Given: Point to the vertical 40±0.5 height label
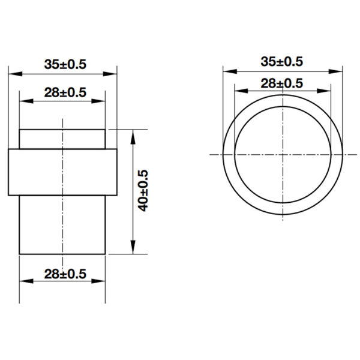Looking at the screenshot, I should [x=143, y=191].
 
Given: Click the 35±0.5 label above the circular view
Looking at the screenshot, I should [x=281, y=61].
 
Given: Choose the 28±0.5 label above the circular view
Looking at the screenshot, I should [x=281, y=83].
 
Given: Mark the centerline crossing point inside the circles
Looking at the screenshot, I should [x=281, y=155].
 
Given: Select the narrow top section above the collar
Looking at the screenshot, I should [x=64, y=139].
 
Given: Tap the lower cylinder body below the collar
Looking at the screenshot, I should [x=64, y=225].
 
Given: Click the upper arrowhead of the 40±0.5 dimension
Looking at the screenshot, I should [x=133, y=134].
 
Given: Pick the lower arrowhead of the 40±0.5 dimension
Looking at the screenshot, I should [x=133, y=250].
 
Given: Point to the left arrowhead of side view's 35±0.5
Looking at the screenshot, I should [x=13, y=73].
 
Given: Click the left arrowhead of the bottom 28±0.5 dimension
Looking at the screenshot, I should [x=24, y=282].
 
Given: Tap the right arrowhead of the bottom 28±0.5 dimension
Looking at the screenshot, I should [x=104, y=282].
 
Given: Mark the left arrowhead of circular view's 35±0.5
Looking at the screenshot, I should [x=227, y=70].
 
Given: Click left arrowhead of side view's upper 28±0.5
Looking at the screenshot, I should [x=24, y=101].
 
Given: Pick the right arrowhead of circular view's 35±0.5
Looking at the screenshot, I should [x=337, y=70].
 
